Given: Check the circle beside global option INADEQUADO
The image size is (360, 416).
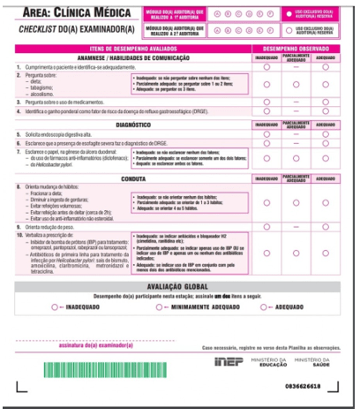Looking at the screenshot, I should click(x=56, y=306).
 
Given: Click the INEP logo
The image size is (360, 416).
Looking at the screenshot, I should click(x=229, y=362).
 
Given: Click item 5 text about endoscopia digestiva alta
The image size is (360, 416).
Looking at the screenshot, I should click(x=62, y=134).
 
